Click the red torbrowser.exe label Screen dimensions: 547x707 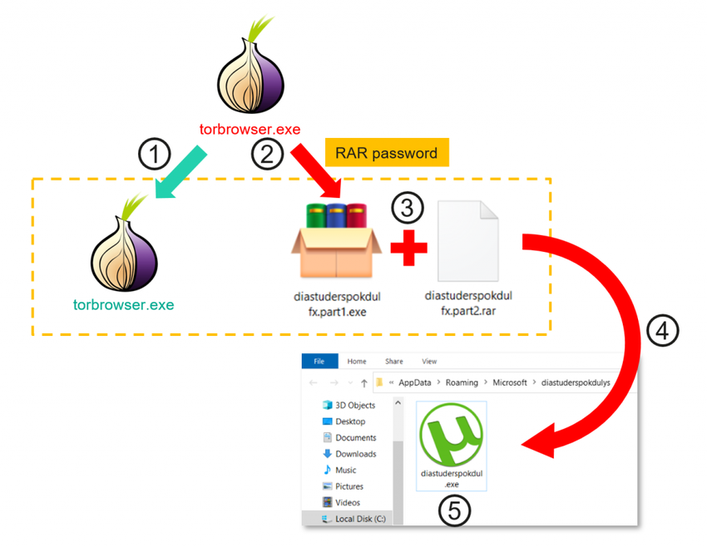tap(250, 130)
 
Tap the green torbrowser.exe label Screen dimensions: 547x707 tap(123, 304)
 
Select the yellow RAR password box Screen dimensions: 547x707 tap(386, 153)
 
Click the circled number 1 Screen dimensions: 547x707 tap(155, 154)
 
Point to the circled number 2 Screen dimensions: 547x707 tap(267, 154)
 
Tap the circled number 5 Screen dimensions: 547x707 tap(453, 510)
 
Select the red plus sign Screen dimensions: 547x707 tap(408, 248)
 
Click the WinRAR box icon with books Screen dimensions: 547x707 tap(335, 240)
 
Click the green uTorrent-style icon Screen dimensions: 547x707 tap(452, 436)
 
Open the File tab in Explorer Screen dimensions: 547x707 tap(319, 362)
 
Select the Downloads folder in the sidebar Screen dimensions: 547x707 tap(355, 454)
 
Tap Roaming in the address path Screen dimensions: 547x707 tap(461, 383)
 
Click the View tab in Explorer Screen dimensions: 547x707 tap(429, 362)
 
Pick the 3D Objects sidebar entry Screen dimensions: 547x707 tap(355, 405)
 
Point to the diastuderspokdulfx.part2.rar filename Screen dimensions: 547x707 tap(468, 303)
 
